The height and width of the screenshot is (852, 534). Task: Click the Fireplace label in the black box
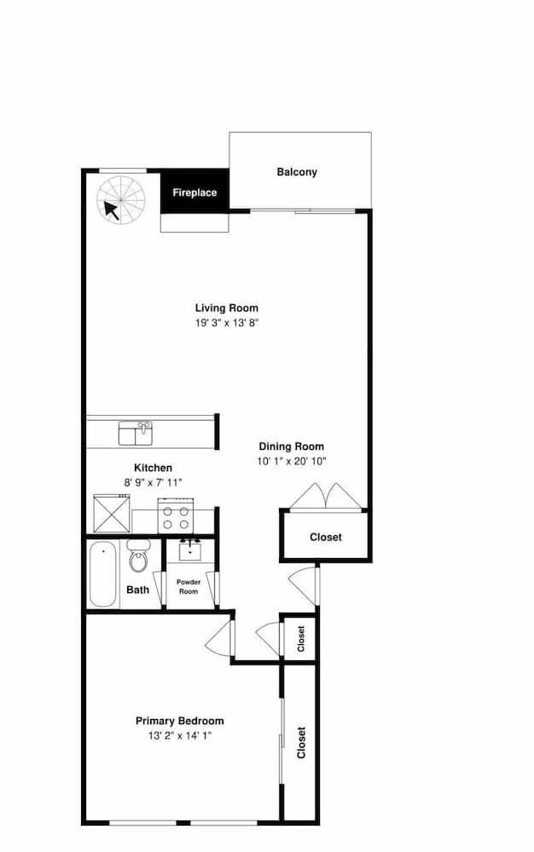pyautogui.click(x=194, y=193)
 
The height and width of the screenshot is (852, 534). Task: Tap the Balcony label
pyautogui.click(x=297, y=172)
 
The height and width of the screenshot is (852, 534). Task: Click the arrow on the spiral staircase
pyautogui.click(x=112, y=210)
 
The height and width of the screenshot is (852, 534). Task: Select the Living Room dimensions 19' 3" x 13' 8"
pyautogui.click(x=227, y=323)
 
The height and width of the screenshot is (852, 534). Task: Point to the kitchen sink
pyautogui.click(x=136, y=434)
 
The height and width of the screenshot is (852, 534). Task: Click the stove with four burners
pyautogui.click(x=176, y=515)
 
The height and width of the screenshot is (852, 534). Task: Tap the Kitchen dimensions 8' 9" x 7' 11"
pyautogui.click(x=153, y=482)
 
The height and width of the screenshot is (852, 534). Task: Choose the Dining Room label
pyautogui.click(x=292, y=446)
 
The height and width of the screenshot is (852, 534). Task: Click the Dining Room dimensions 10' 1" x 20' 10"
pyautogui.click(x=292, y=462)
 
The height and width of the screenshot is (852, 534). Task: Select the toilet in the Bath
pyautogui.click(x=137, y=556)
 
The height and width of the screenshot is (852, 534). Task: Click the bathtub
pyautogui.click(x=102, y=573)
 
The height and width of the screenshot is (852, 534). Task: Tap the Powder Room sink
pyautogui.click(x=189, y=550)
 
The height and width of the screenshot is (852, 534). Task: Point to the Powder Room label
pyautogui.click(x=189, y=586)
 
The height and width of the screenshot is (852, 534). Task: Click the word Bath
pyautogui.click(x=137, y=590)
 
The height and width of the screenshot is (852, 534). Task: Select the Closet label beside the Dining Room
pyautogui.click(x=326, y=537)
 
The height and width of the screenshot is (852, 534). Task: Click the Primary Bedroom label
pyautogui.click(x=179, y=721)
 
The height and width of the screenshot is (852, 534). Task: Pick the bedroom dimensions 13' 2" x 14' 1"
pyautogui.click(x=179, y=736)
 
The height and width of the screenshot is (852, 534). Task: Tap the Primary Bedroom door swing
pyautogui.click(x=219, y=637)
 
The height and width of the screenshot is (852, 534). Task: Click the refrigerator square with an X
pyautogui.click(x=112, y=514)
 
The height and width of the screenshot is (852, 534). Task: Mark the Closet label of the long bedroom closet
pyautogui.click(x=301, y=743)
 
